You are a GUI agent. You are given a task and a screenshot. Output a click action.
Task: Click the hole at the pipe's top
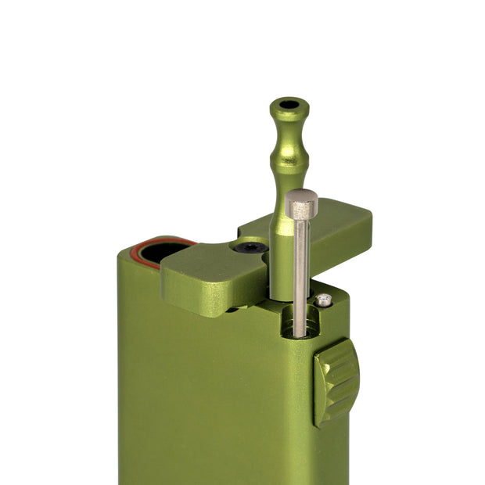pyautogui.click(x=289, y=104)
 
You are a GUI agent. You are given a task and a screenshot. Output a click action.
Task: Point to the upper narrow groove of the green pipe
pyautogui.click(x=288, y=129)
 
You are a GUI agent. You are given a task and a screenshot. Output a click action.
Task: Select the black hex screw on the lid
pyautogui.click(x=250, y=248)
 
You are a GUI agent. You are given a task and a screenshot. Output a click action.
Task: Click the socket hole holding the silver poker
pyautogui.click(x=300, y=325)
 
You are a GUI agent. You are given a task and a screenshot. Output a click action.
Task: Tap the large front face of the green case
pyautogui.click(x=211, y=391)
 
